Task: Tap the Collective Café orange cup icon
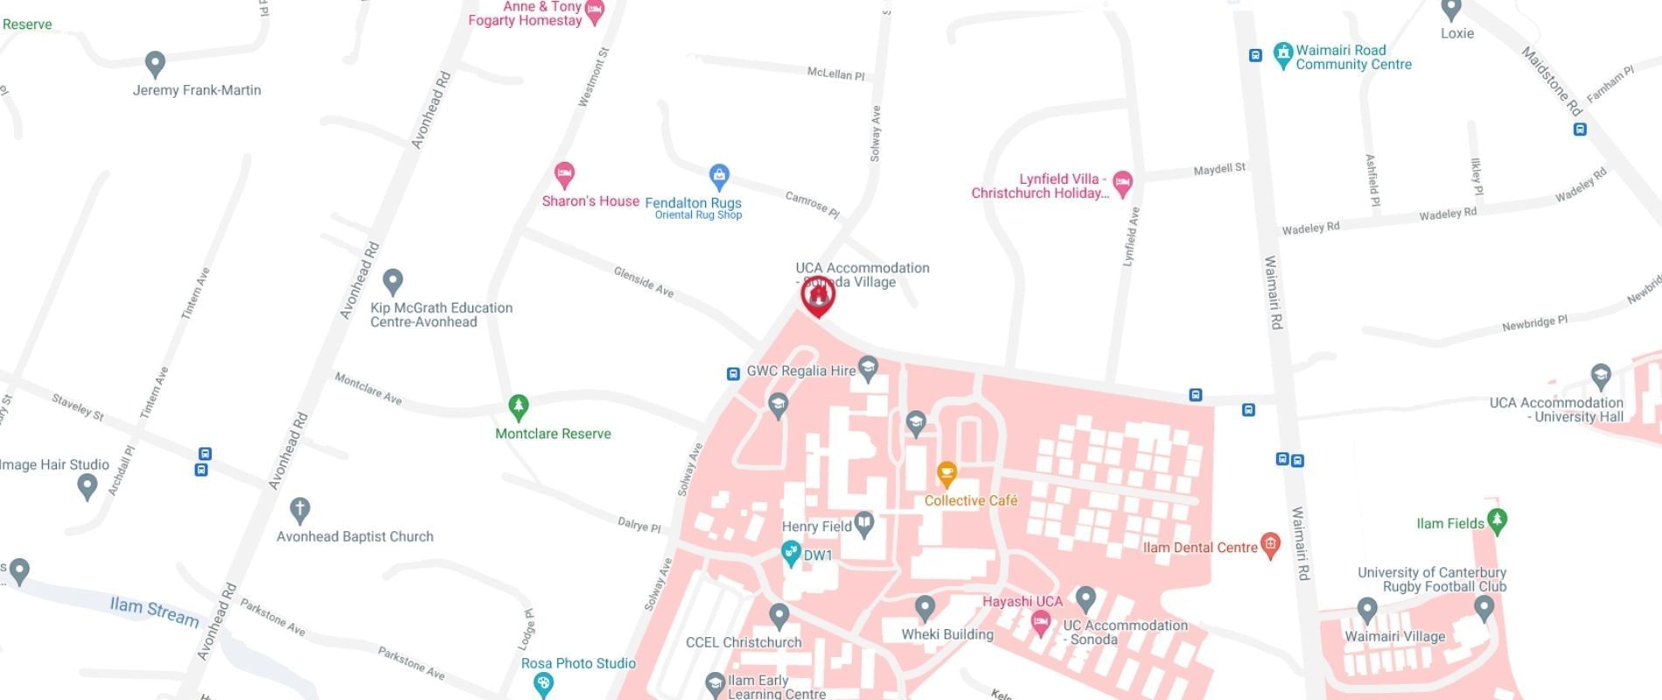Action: [946, 474]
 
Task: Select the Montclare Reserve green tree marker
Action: [519, 407]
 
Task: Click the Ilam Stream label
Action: [154, 610]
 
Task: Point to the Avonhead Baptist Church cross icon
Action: [299, 509]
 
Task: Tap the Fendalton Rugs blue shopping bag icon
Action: [719, 177]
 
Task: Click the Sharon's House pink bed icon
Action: [565, 174]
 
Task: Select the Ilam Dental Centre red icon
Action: [1270, 545]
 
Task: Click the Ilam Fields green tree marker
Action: [1497, 521]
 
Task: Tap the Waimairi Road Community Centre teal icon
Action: [1282, 55]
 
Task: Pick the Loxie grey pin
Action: [1451, 10]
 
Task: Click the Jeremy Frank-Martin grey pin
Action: [155, 63]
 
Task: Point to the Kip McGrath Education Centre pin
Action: [393, 282]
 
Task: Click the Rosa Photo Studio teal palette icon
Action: [543, 683]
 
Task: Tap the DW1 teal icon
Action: [791, 553]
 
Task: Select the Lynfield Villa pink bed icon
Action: [1123, 183]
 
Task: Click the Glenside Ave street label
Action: [644, 282]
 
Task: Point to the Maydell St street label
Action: [1219, 169]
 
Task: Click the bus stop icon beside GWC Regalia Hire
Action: [733, 374]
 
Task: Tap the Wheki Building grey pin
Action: [925, 607]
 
